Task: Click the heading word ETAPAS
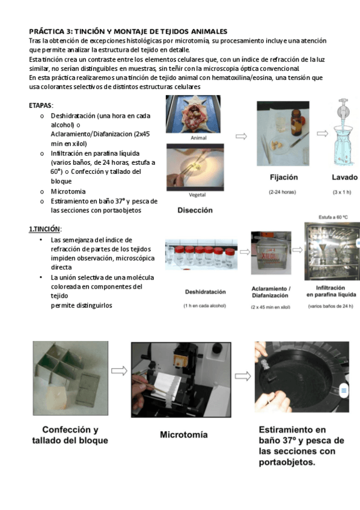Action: pos(41,105)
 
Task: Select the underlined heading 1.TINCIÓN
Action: pos(46,229)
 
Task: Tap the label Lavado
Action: pos(344,178)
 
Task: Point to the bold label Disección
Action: pos(195,210)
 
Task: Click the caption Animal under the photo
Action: pos(198,138)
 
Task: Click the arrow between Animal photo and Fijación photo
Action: pos(240,137)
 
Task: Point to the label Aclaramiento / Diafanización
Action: pos(270,292)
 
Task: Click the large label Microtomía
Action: pos(184,434)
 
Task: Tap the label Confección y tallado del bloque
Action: pos(70,435)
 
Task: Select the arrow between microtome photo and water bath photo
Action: pos(242,376)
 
